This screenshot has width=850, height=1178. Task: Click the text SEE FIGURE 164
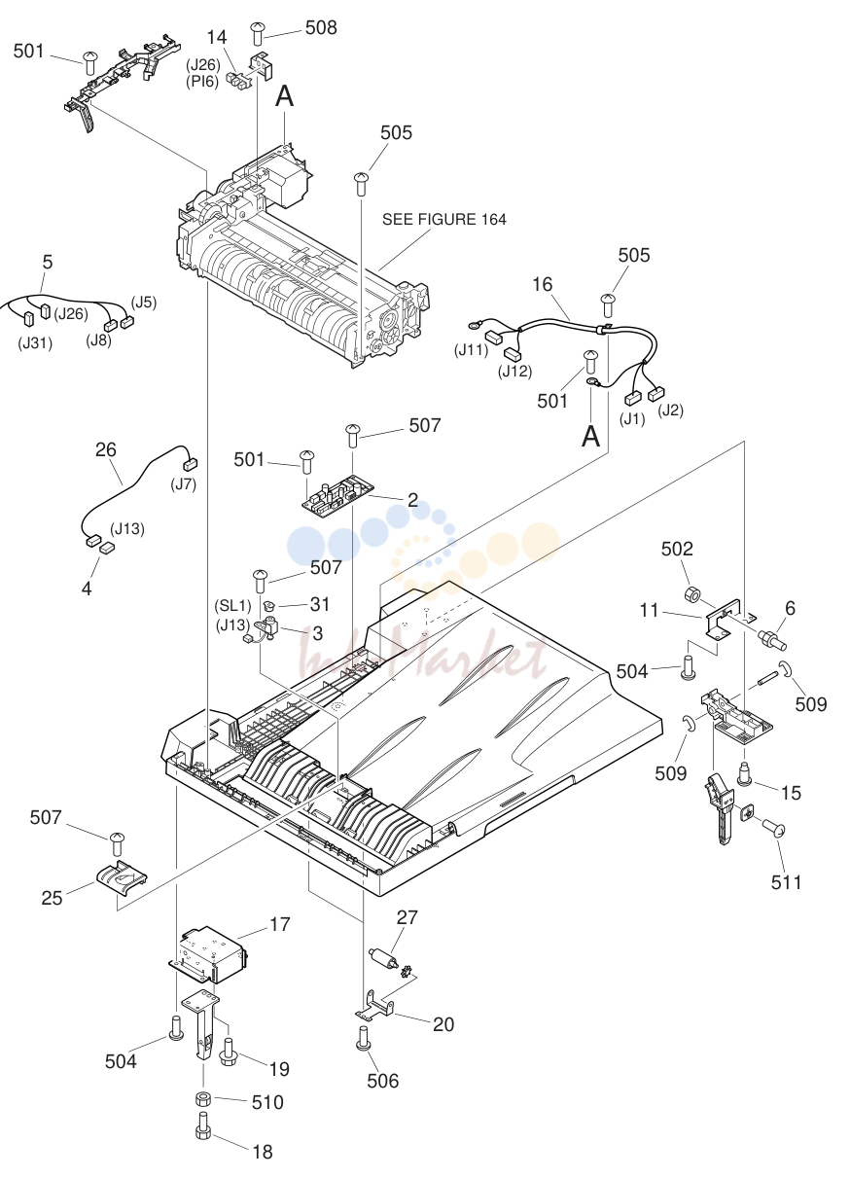(x=443, y=219)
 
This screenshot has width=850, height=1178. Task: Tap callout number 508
(x=321, y=28)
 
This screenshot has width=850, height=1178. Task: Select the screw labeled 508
(x=257, y=33)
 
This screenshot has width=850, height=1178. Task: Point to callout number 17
(x=280, y=924)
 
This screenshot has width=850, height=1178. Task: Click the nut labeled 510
(x=203, y=1100)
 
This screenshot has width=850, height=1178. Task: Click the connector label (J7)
(x=183, y=483)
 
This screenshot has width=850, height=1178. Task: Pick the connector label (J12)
(x=515, y=372)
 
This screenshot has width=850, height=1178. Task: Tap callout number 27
(x=407, y=917)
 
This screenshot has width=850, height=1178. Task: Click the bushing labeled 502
(x=692, y=595)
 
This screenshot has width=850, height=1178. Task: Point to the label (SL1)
(x=232, y=605)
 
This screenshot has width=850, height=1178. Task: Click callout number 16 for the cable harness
(x=542, y=284)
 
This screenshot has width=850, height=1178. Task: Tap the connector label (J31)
(x=35, y=343)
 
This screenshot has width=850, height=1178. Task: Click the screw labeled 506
(x=363, y=1039)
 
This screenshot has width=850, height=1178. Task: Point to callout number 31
(x=320, y=604)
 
